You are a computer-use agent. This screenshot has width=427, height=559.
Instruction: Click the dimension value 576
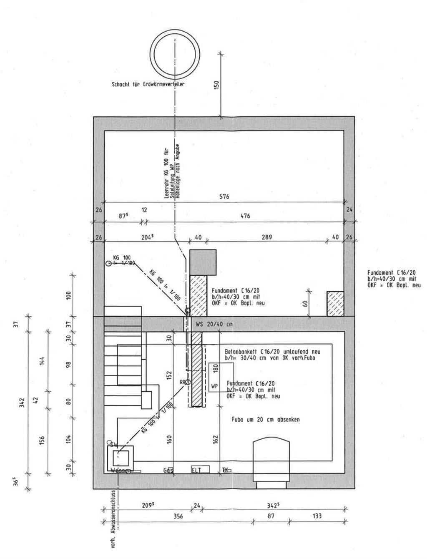point(225,196)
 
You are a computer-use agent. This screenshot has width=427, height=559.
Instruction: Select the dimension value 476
point(246,216)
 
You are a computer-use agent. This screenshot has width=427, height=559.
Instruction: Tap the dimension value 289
point(267,237)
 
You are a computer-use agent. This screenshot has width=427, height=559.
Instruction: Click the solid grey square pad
point(203,262)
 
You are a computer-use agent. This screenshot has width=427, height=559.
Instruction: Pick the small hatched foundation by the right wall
point(335,303)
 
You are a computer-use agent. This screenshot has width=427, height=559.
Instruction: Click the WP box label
point(214,386)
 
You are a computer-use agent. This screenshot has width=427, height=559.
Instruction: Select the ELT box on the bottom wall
point(196,470)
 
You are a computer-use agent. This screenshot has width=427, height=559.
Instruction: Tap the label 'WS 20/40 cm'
point(213,324)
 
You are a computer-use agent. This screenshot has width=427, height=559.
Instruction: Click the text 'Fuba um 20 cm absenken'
point(266,419)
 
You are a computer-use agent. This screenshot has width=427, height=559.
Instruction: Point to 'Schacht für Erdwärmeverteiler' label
point(148,84)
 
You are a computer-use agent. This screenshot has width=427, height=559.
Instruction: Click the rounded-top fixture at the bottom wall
point(271,459)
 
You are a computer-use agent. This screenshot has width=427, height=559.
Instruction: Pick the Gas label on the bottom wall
point(168,470)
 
